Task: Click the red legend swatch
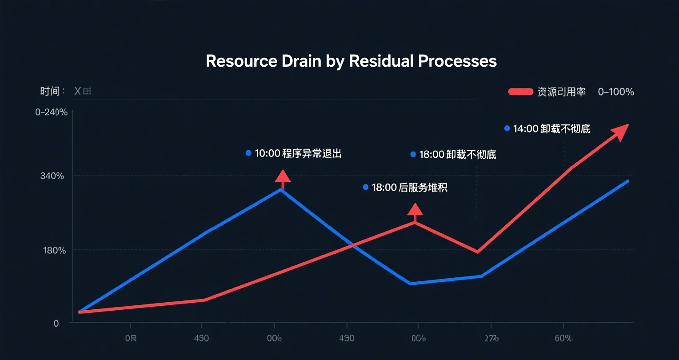click(x=520, y=92)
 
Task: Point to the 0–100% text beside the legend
click(x=616, y=92)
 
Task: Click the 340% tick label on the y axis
click(x=52, y=176)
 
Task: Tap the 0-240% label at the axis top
click(x=52, y=112)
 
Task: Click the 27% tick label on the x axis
click(x=491, y=339)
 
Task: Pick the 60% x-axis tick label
click(x=563, y=339)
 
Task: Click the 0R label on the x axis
click(x=131, y=339)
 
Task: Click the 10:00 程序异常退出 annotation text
click(x=298, y=154)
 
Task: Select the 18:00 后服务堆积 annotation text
click(x=409, y=188)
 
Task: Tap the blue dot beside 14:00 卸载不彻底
click(x=507, y=128)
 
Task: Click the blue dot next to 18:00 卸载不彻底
click(x=413, y=154)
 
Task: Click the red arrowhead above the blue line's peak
click(x=283, y=176)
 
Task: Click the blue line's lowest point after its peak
click(x=410, y=284)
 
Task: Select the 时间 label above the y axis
click(x=50, y=92)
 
